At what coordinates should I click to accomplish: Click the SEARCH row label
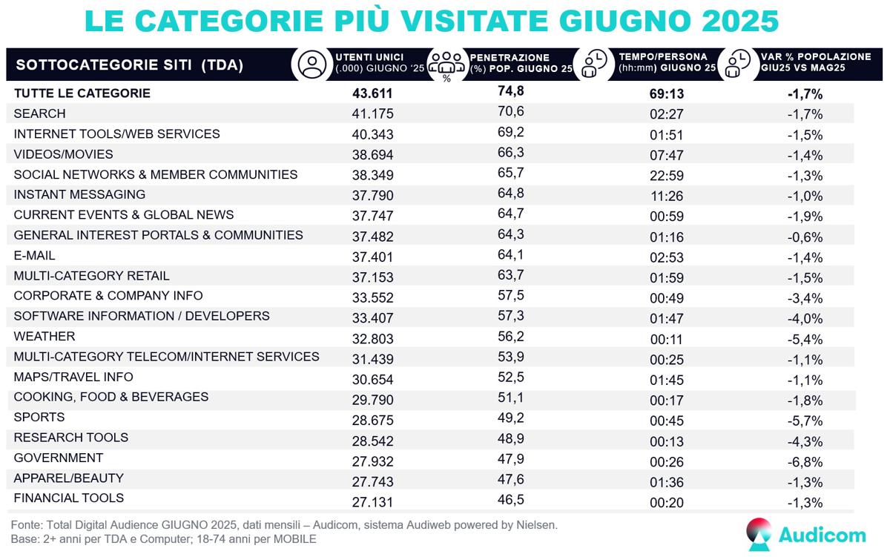(39, 113)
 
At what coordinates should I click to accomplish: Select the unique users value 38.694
(372, 154)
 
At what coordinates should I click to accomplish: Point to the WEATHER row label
(44, 336)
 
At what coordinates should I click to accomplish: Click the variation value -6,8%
(805, 459)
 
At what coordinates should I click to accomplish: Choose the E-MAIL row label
(35, 255)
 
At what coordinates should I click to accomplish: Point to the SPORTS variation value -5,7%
(805, 418)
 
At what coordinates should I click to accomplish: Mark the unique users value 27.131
(372, 499)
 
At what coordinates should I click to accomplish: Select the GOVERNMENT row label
(59, 458)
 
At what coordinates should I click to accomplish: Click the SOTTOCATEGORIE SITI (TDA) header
(130, 65)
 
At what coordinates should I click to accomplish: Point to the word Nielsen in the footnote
(533, 525)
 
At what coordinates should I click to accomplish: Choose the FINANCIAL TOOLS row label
(69, 498)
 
